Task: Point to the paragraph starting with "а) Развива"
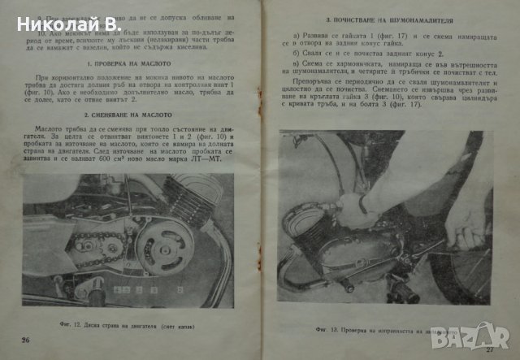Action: (x=385, y=41)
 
